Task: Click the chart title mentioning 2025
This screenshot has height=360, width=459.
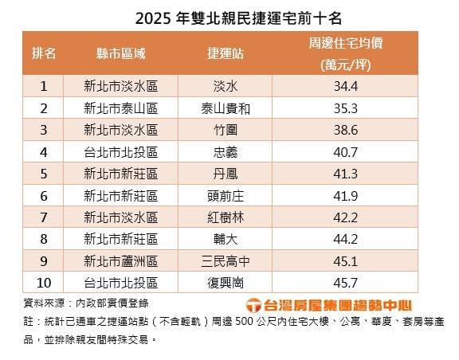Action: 229,16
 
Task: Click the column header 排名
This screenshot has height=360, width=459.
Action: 44,53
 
